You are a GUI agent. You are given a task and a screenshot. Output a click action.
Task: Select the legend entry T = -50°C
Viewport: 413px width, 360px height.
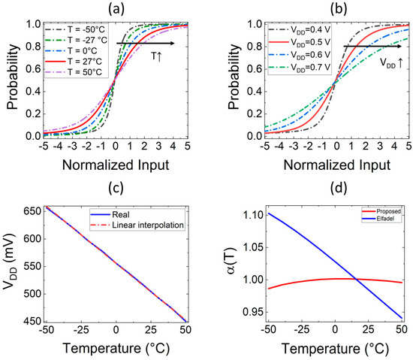(85, 29)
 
